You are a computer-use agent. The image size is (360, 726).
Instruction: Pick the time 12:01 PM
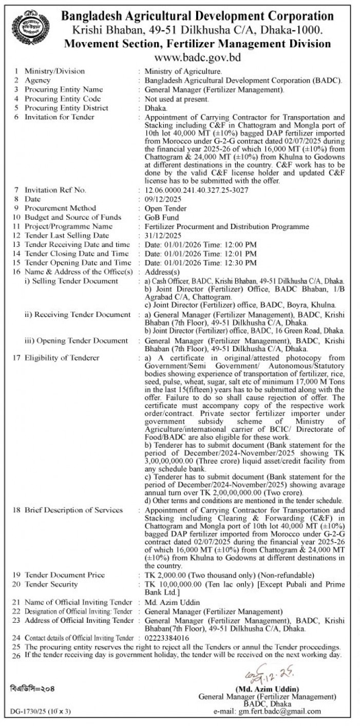tap(239, 254)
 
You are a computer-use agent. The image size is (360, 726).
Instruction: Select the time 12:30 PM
tap(239, 262)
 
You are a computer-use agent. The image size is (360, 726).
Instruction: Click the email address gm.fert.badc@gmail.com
tap(280, 712)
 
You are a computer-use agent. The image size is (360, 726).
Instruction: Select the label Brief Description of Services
tap(73, 510)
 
